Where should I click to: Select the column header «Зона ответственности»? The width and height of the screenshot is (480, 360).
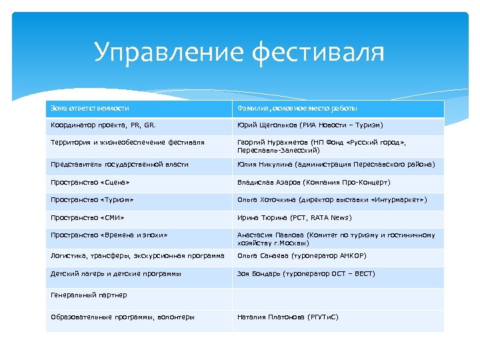click(90, 108)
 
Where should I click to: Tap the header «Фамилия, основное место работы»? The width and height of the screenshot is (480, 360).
click(297, 108)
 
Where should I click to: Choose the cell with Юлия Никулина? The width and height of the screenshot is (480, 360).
click(336, 164)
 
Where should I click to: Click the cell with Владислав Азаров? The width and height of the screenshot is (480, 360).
click(314, 182)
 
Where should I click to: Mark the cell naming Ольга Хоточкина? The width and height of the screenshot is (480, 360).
click(332, 199)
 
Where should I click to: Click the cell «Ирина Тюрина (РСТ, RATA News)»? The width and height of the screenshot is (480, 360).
click(294, 217)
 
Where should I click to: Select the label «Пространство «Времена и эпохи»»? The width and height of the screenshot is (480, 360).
click(109, 235)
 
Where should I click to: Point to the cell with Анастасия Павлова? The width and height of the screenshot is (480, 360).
click(336, 239)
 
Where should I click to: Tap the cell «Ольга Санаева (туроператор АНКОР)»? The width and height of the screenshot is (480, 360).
click(301, 256)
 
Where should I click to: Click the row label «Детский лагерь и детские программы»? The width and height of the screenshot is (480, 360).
click(115, 273)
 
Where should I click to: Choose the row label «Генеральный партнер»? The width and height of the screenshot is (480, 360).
click(89, 295)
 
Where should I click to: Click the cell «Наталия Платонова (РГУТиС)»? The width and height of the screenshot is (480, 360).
click(288, 317)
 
